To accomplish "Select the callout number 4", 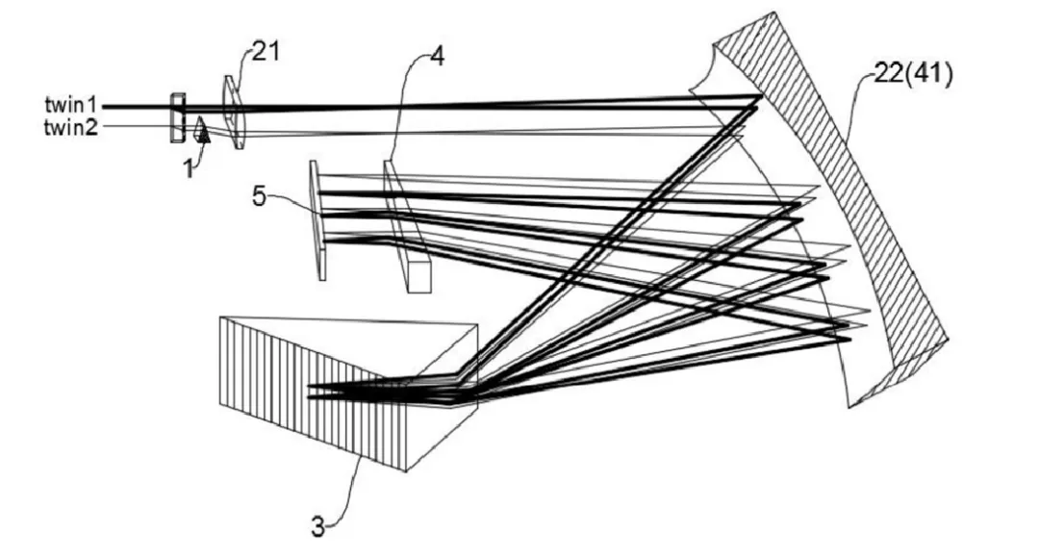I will click(x=437, y=56).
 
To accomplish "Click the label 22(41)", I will click(x=914, y=74).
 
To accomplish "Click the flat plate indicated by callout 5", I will click(x=317, y=221).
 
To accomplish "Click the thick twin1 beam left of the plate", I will click(x=135, y=106).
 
